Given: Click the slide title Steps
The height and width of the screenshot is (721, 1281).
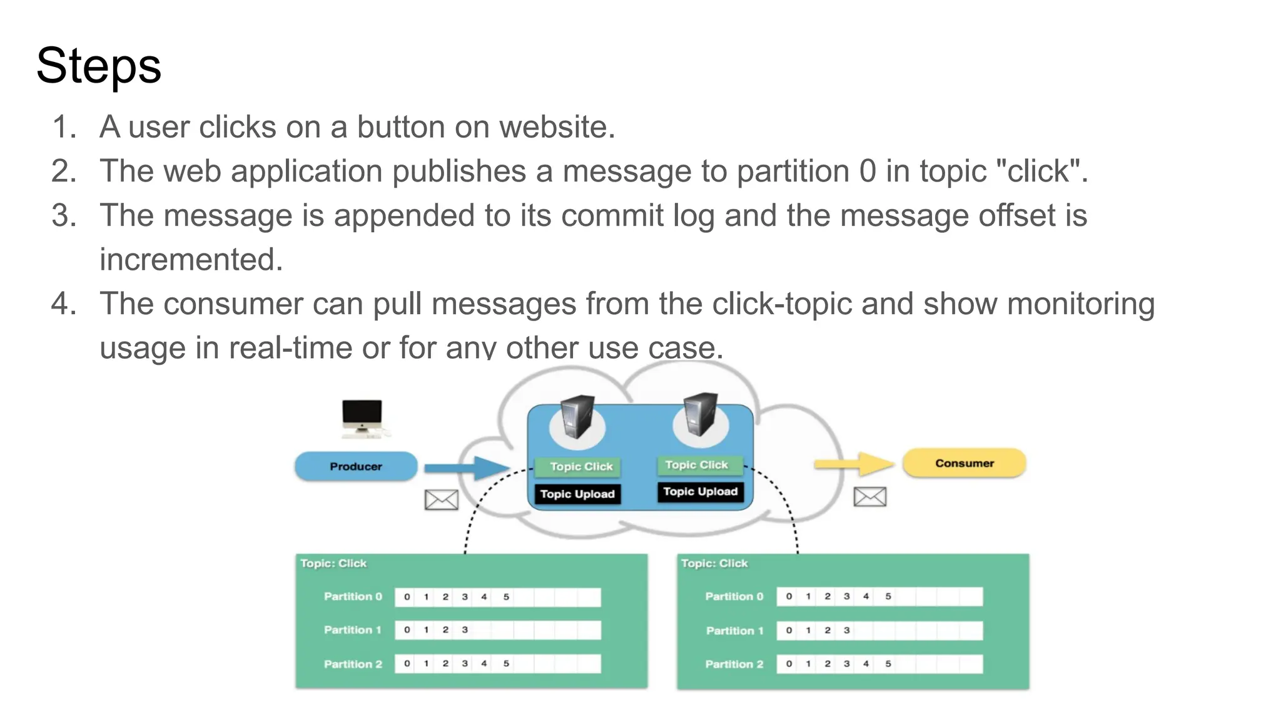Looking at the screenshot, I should pos(99,66).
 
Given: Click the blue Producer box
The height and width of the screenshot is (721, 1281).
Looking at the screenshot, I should pos(356,466).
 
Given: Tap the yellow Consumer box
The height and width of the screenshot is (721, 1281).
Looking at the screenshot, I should pos(964,463).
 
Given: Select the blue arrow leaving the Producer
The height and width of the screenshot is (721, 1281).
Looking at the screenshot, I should pos(466,468).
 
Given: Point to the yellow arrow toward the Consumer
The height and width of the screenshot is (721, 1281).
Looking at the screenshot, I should pos(854,464).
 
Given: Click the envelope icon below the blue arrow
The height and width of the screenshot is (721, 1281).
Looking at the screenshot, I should pos(442,499).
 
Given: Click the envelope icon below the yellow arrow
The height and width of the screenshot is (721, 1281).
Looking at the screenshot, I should pos(870,497).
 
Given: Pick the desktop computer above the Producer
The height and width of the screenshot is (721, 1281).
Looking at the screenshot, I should pos(362,417).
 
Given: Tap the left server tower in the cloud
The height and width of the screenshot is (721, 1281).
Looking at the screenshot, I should pos(577,417).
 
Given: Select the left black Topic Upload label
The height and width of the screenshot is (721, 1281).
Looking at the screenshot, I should pos(577,494).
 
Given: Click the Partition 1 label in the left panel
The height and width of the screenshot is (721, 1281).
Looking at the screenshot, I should pos(352,630).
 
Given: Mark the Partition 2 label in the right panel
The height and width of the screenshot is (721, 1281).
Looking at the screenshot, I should pos(734,664).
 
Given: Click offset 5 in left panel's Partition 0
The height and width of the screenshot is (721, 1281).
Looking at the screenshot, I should pos(506,597).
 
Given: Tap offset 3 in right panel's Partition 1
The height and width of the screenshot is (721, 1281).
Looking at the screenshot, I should pos(846,630).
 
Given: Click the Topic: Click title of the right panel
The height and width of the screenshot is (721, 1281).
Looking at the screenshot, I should pos(714,563).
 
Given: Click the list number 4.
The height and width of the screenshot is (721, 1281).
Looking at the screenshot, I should pos(63,304).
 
